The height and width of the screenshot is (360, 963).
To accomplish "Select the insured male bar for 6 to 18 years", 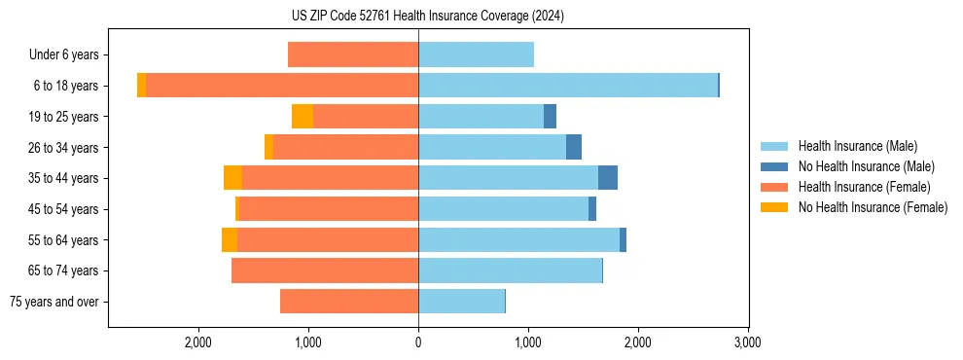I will pos(568,86).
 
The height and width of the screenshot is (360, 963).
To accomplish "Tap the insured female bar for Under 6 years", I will pos(353,54).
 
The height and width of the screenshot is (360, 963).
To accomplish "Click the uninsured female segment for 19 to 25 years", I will pos(303,117).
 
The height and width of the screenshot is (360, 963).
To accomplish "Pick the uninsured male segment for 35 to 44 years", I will pos(608,178).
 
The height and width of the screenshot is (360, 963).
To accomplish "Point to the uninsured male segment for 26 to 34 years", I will pos(574,147).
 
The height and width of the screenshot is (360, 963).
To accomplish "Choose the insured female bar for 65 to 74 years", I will pos(325,270).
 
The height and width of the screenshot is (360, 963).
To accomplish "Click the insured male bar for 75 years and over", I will pos(462,302).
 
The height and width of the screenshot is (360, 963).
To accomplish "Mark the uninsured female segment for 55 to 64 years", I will pos(230,239).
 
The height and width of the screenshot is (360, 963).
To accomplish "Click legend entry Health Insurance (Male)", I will pos(857,146).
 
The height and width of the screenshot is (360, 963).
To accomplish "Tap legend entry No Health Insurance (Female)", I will pos(873,207).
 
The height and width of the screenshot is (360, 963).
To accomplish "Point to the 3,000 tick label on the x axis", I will pos(747,342).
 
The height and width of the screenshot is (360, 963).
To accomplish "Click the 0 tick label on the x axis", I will pos(418,342).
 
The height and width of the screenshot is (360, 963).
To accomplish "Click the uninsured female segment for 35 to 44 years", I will pos(232,178).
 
